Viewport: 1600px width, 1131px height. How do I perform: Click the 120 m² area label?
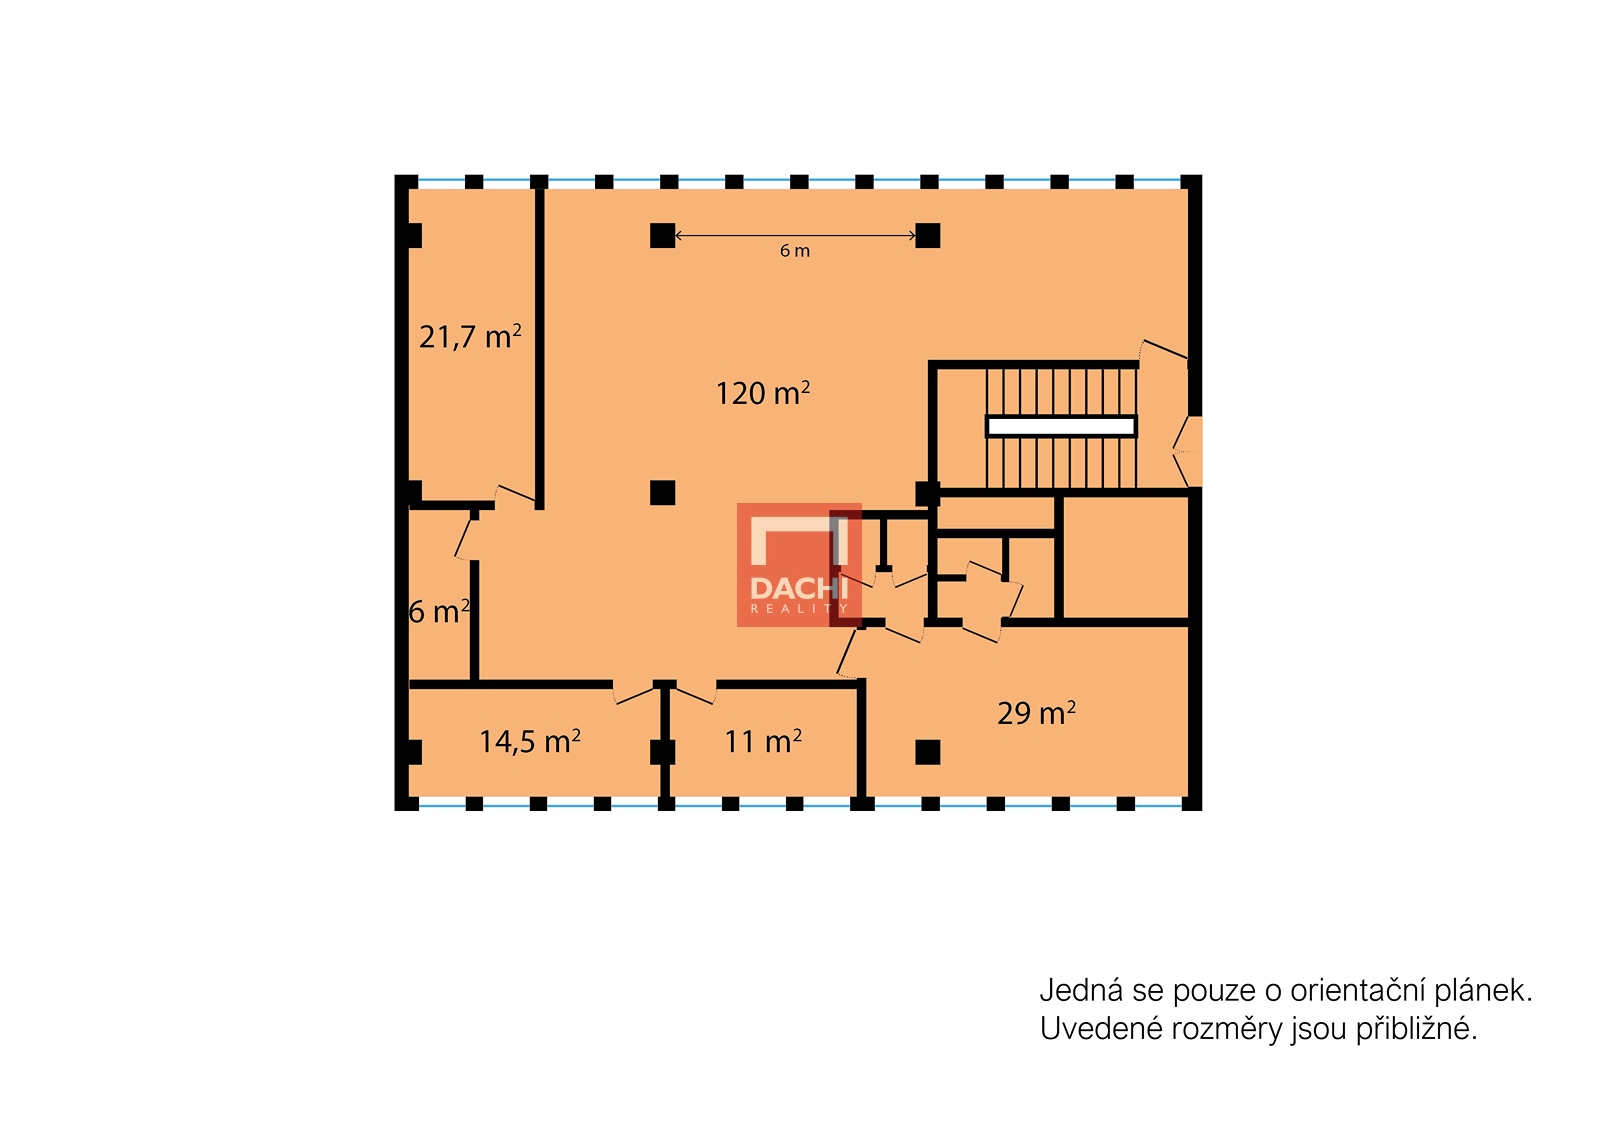(763, 393)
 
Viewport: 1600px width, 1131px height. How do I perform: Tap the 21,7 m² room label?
(470, 337)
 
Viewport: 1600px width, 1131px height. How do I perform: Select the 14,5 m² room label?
(529, 742)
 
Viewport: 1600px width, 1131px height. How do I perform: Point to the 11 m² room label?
(763, 742)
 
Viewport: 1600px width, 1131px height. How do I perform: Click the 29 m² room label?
(1036, 713)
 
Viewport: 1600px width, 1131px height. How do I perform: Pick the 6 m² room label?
(439, 612)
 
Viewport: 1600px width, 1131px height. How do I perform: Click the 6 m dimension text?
(794, 251)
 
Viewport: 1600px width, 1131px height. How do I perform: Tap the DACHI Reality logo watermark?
(799, 565)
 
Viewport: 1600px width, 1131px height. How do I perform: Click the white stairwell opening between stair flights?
(1061, 427)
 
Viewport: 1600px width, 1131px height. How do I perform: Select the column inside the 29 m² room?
(927, 752)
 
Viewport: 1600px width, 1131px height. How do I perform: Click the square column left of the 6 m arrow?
(662, 236)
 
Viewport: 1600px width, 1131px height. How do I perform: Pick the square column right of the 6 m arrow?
(927, 236)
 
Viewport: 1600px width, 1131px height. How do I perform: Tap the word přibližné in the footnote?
(1416, 1030)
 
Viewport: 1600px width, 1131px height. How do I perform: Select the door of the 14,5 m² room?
(634, 694)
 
